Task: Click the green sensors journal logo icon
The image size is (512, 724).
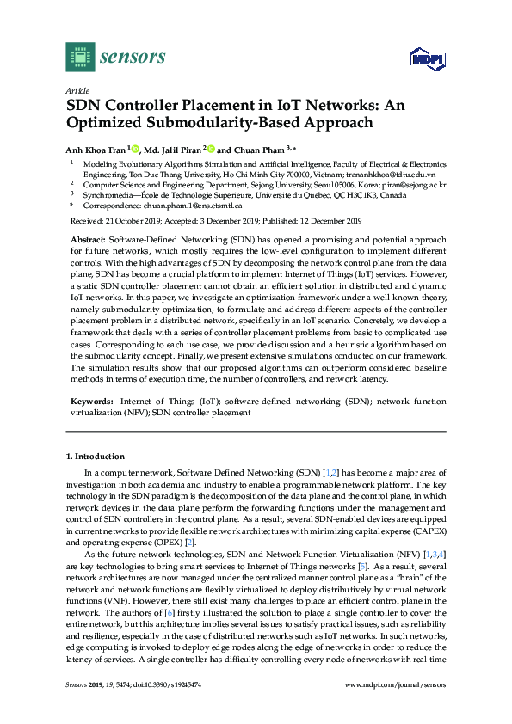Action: (80, 57)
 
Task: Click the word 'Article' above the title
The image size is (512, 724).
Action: (77, 89)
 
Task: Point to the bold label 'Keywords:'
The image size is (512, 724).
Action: (89, 402)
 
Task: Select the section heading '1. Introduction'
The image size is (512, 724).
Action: (96, 456)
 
